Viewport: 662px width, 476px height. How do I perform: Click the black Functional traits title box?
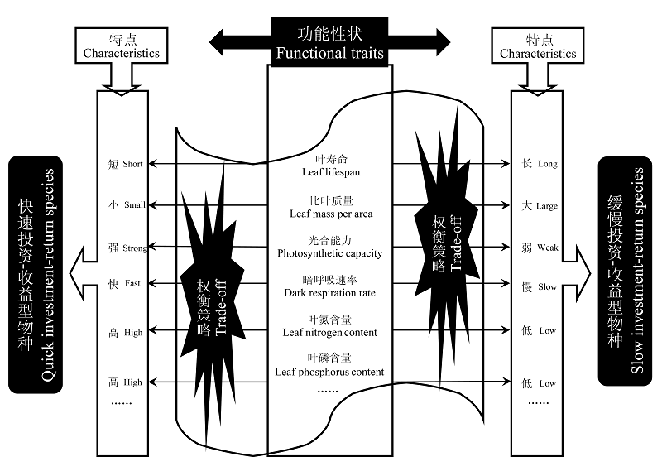329,42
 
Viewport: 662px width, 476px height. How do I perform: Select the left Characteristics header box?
121,46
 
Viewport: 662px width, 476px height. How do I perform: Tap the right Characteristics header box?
537,46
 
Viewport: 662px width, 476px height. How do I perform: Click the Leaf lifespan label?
331,166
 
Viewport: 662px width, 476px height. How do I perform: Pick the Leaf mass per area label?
331,208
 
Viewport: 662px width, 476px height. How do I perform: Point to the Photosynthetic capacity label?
329,247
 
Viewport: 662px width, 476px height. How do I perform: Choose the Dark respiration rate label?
329,286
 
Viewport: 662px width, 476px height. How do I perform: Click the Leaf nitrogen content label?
329,326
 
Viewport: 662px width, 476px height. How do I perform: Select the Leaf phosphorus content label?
329,365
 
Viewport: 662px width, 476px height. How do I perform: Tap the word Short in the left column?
132,164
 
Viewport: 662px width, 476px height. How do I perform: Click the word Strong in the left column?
135,248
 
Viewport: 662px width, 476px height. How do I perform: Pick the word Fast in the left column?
132,283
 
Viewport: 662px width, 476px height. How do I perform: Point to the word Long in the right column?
548,164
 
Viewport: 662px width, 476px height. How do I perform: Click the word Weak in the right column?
548,248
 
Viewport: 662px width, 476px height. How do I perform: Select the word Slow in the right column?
548,286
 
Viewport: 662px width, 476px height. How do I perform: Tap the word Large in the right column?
547,206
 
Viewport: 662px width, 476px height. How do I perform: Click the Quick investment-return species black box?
36,275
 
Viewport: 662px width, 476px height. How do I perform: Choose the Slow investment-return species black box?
625,272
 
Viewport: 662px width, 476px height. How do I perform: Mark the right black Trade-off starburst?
447,245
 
